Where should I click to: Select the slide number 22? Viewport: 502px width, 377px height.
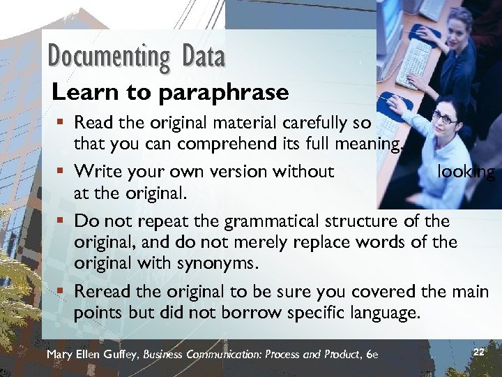(478, 352)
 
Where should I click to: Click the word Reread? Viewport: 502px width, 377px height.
(100, 290)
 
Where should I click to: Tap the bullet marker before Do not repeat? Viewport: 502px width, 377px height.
(62, 221)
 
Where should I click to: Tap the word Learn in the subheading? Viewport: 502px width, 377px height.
(77, 91)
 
